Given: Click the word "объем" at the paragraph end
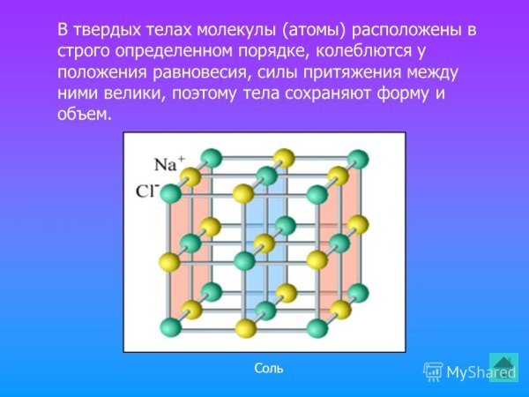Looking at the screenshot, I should [86, 115].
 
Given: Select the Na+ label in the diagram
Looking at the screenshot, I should [168, 164].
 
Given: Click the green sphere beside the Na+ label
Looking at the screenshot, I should [210, 160].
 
